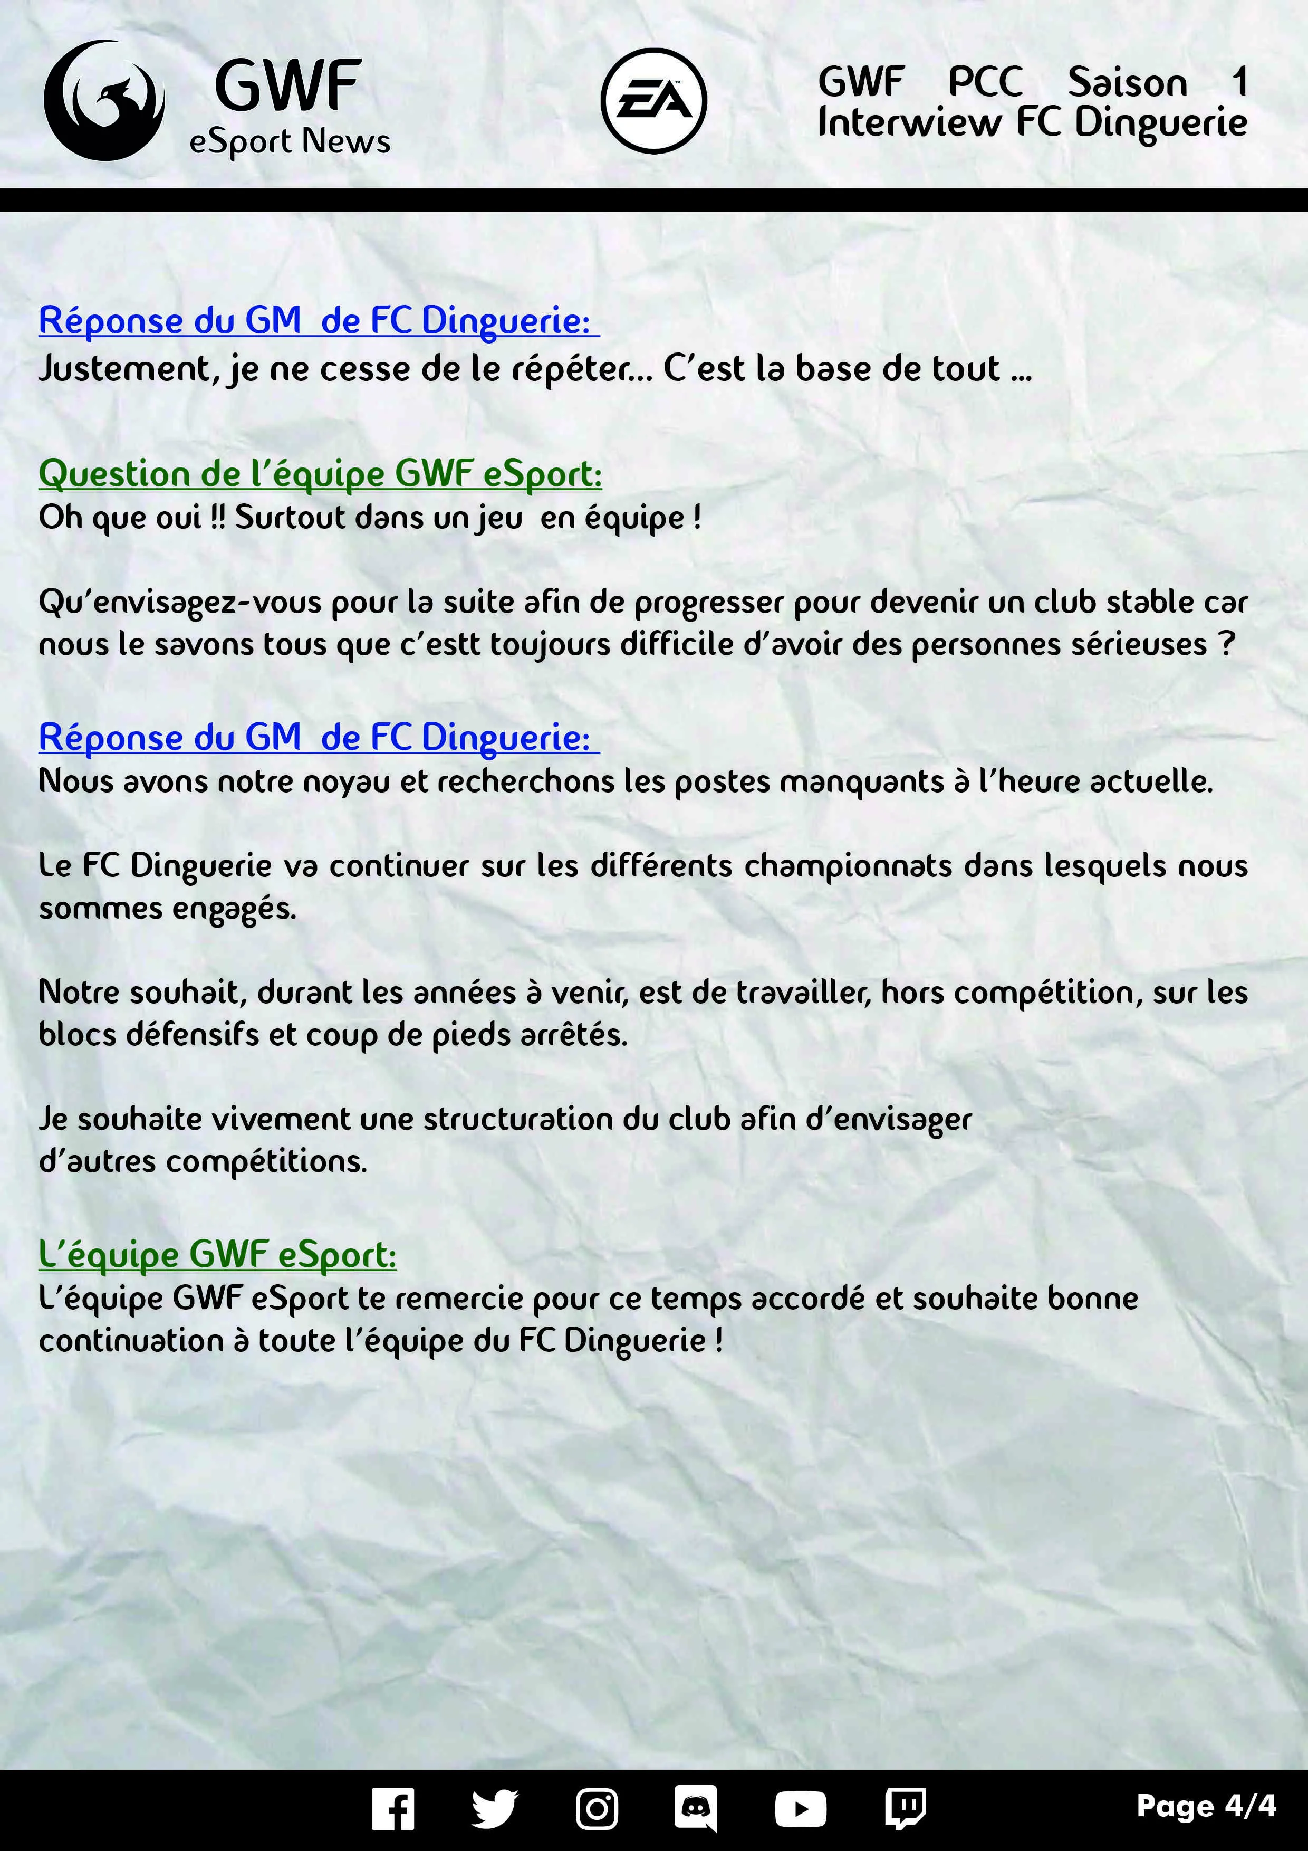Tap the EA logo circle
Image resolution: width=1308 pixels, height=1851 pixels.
[x=653, y=101]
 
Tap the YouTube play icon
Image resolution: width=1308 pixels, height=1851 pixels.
[x=800, y=1809]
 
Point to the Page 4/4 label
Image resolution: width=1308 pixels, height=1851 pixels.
[x=1206, y=1806]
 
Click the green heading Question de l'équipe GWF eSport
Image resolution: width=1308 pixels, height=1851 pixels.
[x=320, y=473]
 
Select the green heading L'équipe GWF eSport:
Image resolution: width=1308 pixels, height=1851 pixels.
[x=218, y=1254]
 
